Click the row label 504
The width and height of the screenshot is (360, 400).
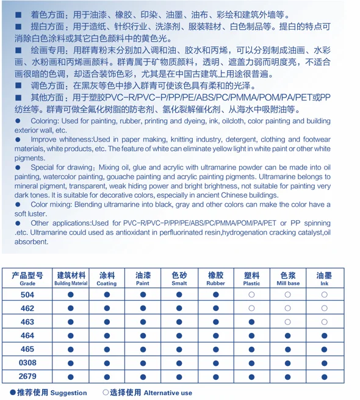point(27,295)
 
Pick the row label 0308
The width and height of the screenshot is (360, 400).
point(27,363)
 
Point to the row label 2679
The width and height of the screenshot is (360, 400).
point(27,377)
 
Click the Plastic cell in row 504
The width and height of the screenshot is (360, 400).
point(251,295)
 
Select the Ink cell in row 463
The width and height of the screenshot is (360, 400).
point(324,322)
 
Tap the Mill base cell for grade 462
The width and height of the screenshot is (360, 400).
point(288,309)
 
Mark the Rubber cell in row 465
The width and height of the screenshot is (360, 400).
point(215,349)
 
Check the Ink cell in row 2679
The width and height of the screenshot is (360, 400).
point(324,377)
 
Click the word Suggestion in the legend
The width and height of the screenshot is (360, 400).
point(68,393)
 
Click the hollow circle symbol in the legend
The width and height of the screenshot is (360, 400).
point(106,392)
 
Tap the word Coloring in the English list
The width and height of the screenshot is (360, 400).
point(43,121)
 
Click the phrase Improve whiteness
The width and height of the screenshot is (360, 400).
point(60,140)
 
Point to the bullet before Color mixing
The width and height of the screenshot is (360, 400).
point(18,205)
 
